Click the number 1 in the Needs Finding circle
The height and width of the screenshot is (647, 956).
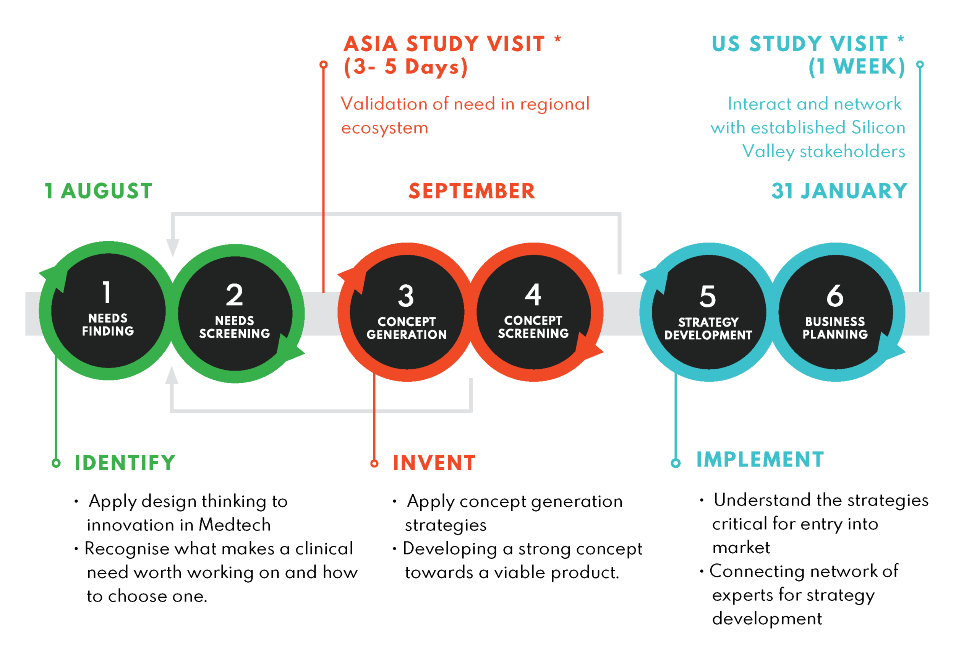point(107,293)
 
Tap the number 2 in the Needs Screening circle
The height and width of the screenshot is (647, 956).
point(235,295)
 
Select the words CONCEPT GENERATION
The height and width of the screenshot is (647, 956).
point(407,328)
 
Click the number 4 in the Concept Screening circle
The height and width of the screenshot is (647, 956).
point(533,295)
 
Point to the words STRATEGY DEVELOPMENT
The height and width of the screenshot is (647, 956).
point(708,328)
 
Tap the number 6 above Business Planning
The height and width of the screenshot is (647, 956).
point(834,296)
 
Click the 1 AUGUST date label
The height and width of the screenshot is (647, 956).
point(99,191)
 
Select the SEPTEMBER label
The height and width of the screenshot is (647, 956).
point(472,191)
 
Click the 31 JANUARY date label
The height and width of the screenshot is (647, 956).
point(839,191)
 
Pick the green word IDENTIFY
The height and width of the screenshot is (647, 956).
point(125,463)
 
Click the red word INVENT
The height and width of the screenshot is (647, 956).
point(434,463)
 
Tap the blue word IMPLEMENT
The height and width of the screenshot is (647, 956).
point(760,460)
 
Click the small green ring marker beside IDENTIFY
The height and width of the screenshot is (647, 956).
point(56,463)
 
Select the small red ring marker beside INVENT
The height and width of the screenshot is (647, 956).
point(374,463)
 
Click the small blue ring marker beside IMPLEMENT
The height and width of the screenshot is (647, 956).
point(676,463)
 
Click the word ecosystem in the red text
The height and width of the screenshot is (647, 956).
point(385,128)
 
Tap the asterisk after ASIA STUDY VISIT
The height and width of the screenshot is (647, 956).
point(557,39)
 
